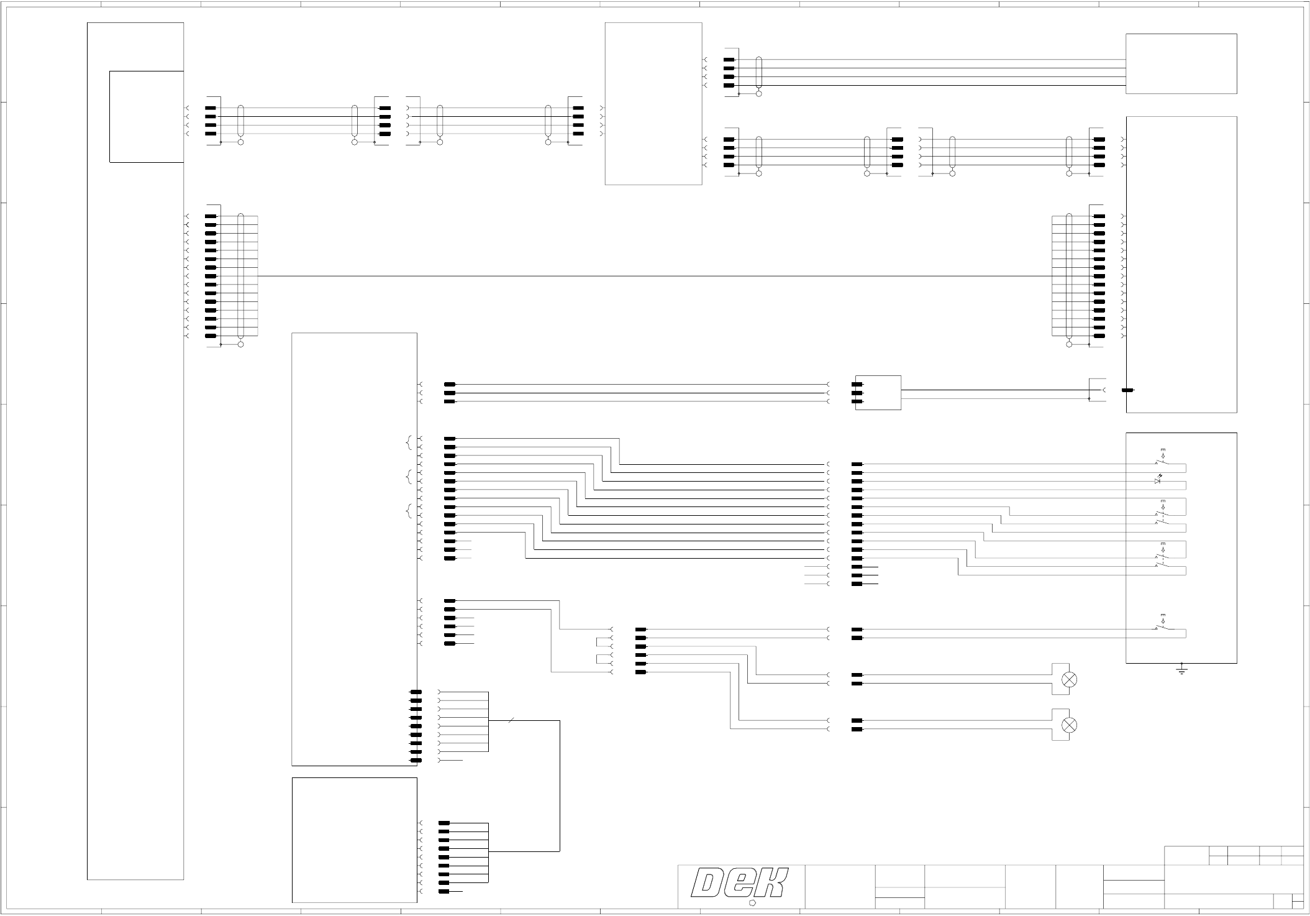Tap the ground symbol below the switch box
tap(1181, 670)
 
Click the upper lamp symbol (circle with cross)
tap(1070, 679)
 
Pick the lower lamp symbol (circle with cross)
tap(1070, 725)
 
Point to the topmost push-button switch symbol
tap(1162, 460)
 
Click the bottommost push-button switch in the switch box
tap(1162, 625)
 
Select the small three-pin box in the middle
tap(878, 393)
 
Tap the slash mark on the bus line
tap(511, 721)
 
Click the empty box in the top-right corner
tap(1181, 63)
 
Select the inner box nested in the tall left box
tap(147, 117)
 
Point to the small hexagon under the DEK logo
tap(752, 902)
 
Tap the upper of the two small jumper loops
tap(599, 642)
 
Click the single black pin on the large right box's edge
tap(1127, 390)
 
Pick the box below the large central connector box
tap(354, 840)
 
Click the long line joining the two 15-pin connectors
tap(652, 276)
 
